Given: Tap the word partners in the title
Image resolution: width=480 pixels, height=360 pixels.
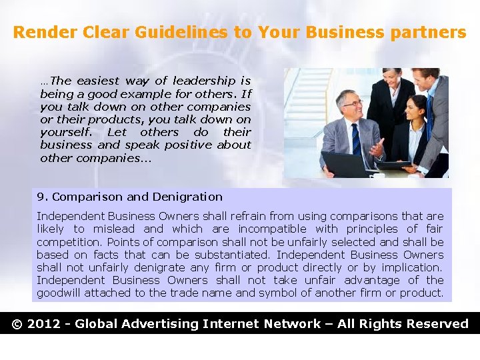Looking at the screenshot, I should coord(429,32).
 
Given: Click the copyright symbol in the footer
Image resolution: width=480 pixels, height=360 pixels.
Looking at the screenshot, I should coord(18,324).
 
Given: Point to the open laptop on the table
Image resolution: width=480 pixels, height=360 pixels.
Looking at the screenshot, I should coord(345,163).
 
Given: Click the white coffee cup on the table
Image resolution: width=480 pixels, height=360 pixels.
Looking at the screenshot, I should coord(381,175).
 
